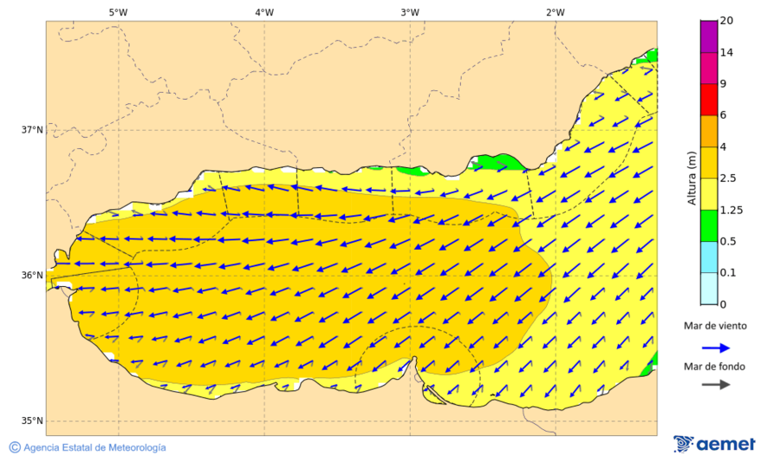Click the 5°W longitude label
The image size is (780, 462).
[118, 12]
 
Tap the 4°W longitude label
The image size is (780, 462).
[264, 12]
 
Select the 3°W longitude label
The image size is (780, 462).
[410, 12]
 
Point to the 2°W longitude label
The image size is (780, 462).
[556, 12]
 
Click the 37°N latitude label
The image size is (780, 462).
[32, 130]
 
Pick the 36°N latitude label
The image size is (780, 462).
[32, 276]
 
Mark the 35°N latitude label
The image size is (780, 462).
[32, 421]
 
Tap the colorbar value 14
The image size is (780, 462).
[727, 53]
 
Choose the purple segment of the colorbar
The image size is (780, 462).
[708, 36]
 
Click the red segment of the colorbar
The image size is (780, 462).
[708, 100]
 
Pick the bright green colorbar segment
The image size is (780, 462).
[708, 225]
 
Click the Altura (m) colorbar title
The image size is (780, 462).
[692, 178]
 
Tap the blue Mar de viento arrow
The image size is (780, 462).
[715, 347]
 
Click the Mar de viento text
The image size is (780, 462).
[715, 326]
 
